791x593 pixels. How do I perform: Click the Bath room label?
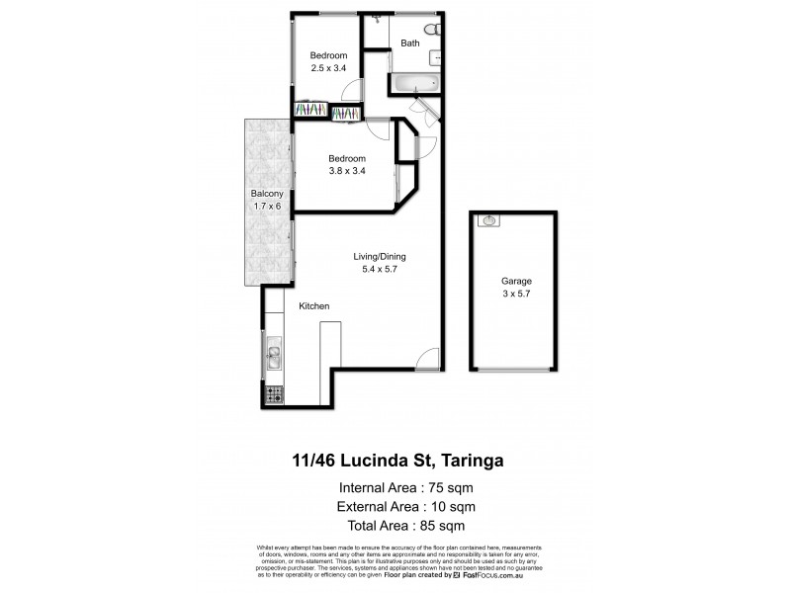410,43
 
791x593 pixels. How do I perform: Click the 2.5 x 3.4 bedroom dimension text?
328,68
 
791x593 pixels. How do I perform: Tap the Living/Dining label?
381,258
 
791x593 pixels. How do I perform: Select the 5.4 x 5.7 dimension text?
381,271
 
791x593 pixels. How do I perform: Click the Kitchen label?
314,306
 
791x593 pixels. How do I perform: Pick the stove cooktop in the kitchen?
274,394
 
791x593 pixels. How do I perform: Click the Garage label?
510,280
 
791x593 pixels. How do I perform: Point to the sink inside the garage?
488,221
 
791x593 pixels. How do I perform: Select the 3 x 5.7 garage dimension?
510,294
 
